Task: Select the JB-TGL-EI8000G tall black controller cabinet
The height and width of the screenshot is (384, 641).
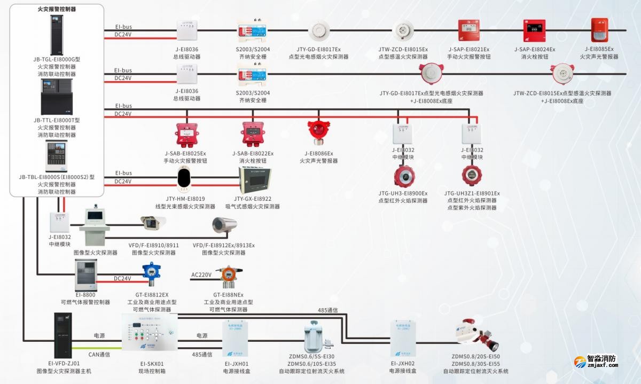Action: click(57, 35)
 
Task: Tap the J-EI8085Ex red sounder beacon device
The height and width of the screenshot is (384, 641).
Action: click(599, 32)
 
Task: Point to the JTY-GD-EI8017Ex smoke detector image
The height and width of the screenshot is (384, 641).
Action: click(318, 32)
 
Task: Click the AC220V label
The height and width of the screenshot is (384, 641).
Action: click(201, 275)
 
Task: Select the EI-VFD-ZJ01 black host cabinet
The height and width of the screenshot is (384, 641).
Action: click(63, 335)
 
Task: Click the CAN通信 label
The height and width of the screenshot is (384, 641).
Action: click(99, 354)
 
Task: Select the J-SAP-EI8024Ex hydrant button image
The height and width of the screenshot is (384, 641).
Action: click(534, 32)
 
